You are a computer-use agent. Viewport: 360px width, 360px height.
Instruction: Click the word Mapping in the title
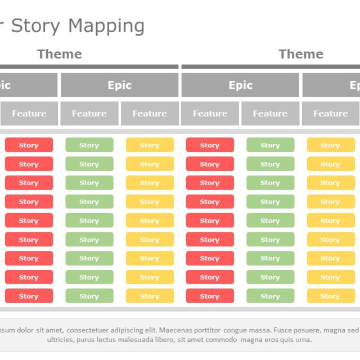click(x=106, y=26)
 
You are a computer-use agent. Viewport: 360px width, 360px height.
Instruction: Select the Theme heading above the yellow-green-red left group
click(x=60, y=54)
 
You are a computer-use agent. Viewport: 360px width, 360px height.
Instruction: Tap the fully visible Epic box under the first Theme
click(x=119, y=85)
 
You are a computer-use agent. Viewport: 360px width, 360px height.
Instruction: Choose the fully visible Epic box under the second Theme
click(x=240, y=85)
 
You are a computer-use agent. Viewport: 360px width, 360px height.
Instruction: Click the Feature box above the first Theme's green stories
click(x=89, y=114)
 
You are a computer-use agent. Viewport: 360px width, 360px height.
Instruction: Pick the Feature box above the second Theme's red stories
click(x=210, y=114)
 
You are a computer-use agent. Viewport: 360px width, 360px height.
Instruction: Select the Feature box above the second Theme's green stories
click(x=270, y=114)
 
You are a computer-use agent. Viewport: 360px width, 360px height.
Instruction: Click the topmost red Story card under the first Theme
click(x=29, y=145)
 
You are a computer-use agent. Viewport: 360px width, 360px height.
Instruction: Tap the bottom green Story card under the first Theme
click(x=89, y=296)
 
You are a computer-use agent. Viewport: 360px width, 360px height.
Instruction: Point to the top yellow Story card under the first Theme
click(x=150, y=145)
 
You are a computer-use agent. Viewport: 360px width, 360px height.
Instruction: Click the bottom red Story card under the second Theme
click(x=210, y=296)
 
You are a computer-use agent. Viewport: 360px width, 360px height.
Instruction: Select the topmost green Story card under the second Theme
click(x=270, y=145)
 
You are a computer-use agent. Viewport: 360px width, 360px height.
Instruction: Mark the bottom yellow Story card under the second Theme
click(x=330, y=296)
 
